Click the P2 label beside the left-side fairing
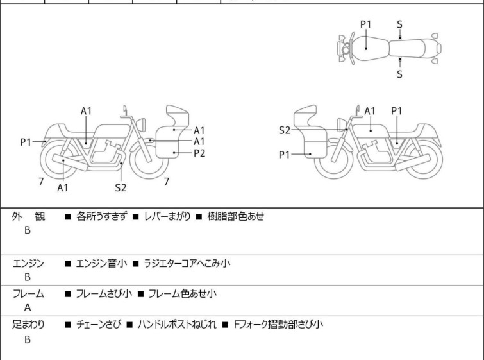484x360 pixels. (199, 153)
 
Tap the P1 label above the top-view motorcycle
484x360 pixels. (365, 24)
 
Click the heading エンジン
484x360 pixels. (29, 262)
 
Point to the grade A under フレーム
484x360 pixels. (27, 308)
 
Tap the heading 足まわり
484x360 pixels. (29, 325)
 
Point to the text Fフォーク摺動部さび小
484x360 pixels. (277, 325)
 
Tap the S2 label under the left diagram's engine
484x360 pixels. (121, 187)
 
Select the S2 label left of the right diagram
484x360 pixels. (285, 130)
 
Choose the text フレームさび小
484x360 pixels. (104, 294)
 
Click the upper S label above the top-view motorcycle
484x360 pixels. (399, 24)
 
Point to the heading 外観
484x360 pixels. (29, 216)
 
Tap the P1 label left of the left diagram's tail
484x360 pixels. (26, 142)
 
